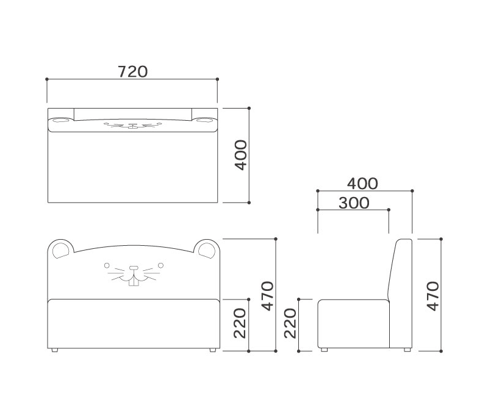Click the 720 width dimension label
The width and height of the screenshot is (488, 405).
[132, 72]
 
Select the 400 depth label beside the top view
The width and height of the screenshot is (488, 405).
[240, 155]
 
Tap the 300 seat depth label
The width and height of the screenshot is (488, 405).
[354, 203]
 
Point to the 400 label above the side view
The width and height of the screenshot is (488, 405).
[362, 184]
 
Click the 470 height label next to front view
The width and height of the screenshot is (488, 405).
[267, 296]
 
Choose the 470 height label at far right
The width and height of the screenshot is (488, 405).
[432, 296]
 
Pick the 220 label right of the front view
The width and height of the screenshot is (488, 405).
[240, 323]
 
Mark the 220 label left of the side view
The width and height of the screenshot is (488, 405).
[290, 323]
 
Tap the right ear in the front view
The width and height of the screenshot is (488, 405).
[206, 249]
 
